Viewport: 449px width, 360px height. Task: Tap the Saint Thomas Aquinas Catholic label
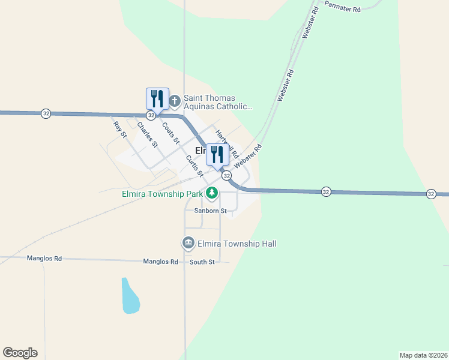click(218, 103)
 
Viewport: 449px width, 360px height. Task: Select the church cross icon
click(175, 100)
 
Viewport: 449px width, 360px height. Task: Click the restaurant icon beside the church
click(157, 98)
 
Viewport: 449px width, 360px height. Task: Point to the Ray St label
click(120, 129)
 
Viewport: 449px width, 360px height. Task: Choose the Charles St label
click(147, 135)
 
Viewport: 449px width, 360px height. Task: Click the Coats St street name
click(171, 133)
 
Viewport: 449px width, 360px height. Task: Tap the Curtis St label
click(195, 166)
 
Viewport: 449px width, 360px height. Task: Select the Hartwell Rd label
click(227, 144)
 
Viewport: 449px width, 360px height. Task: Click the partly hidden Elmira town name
click(200, 151)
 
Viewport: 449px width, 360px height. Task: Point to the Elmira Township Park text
click(161, 194)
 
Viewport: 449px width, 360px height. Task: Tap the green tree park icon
click(211, 193)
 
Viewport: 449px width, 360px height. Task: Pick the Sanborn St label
click(210, 211)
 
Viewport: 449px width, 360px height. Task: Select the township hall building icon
click(188, 243)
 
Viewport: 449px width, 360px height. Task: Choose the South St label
click(202, 262)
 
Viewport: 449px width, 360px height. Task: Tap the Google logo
click(20, 353)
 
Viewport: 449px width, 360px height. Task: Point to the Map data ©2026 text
click(423, 355)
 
